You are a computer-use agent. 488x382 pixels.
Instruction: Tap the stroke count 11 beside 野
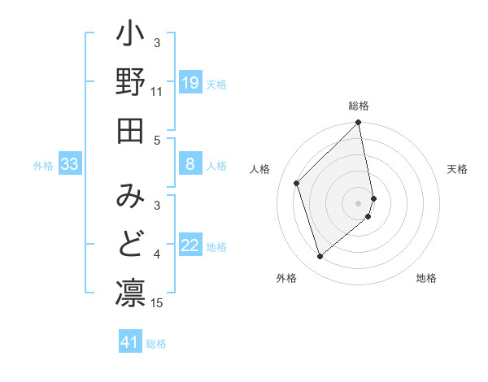(x=157, y=92)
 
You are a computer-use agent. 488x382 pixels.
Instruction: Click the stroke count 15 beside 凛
(x=158, y=303)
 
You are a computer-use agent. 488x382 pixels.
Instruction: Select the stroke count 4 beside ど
(x=157, y=255)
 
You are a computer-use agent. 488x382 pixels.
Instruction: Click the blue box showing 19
(x=190, y=82)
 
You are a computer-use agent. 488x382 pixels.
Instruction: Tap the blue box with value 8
(x=190, y=164)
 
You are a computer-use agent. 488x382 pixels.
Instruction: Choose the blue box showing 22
(x=190, y=245)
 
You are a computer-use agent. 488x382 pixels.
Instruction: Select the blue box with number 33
(x=70, y=165)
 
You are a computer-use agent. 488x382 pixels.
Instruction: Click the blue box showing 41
(x=130, y=342)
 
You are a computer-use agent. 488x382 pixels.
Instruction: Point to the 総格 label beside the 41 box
(x=156, y=344)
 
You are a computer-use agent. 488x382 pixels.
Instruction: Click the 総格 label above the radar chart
(x=359, y=106)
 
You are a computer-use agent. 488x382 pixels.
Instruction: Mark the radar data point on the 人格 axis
(x=297, y=183)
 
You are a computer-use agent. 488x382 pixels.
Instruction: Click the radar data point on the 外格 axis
(x=320, y=257)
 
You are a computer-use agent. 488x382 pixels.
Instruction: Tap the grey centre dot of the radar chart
(x=359, y=202)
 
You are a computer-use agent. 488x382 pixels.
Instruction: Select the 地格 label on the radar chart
(x=426, y=278)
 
